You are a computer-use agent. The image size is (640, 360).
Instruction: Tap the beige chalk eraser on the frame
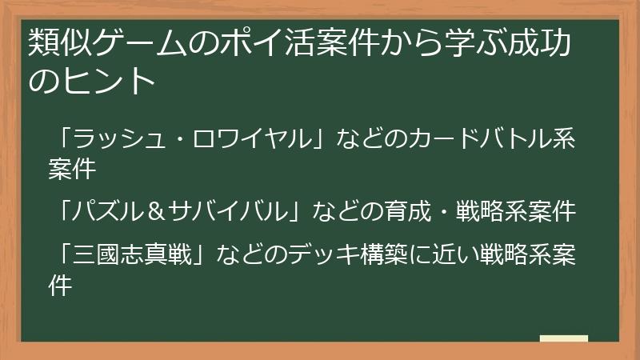pos(563,338)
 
